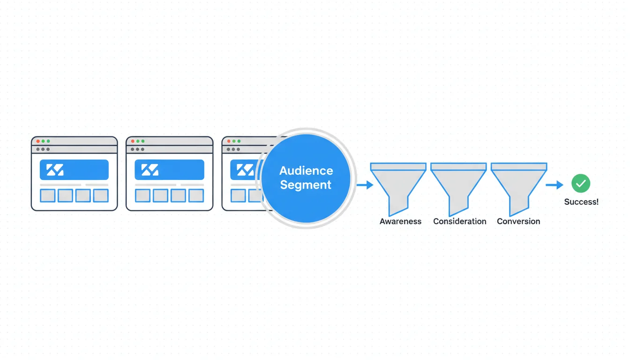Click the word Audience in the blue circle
point(306,171)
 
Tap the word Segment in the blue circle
point(306,185)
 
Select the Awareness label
point(400,221)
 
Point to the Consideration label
point(459,221)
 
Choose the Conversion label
point(518,221)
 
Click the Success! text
point(581,202)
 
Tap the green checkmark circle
point(581,184)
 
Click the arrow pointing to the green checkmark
point(555,185)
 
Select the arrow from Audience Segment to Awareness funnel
point(365,185)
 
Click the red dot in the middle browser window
point(132,141)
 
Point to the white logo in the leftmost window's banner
point(55,170)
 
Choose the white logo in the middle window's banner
point(150,170)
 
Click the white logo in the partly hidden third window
point(245,170)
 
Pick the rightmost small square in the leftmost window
point(101,195)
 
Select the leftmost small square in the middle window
point(142,195)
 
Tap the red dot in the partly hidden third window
point(227,141)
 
